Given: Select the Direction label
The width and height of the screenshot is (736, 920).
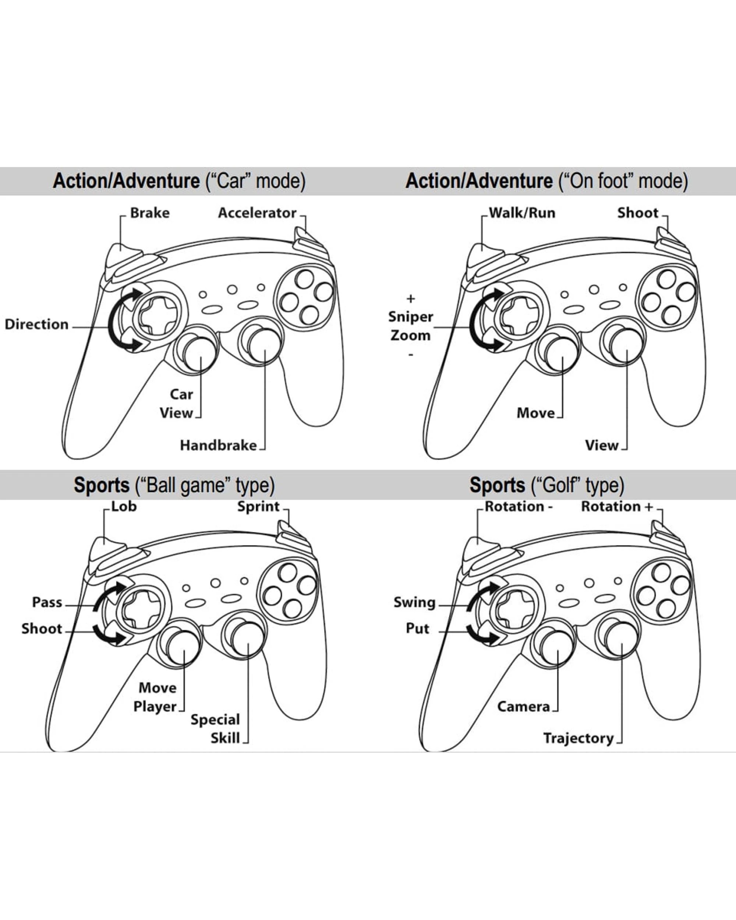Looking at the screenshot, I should [37, 324].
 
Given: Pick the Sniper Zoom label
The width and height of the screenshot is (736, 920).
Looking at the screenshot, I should [410, 326].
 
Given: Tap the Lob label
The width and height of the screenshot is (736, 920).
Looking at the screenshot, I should [124, 506].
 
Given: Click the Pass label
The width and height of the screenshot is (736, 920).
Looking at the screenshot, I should [47, 602].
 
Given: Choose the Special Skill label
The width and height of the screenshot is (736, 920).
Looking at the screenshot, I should [216, 729].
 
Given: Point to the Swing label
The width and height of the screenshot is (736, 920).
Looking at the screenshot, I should [414, 602].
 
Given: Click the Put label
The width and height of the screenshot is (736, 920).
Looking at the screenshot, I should [417, 629].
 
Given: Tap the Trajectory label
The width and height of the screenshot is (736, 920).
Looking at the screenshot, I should [578, 738].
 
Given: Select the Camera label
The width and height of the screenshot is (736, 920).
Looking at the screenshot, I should [524, 707].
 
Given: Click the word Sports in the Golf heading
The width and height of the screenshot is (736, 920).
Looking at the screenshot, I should [497, 485].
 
